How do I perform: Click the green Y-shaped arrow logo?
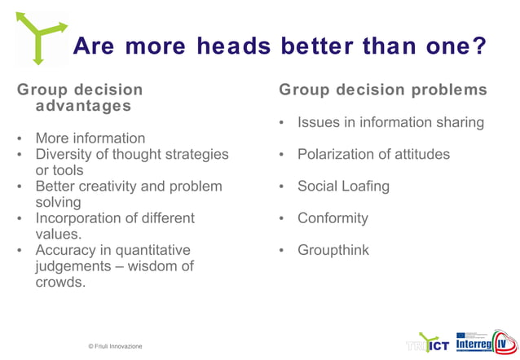37,37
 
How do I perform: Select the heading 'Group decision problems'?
383,90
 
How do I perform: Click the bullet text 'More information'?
90,138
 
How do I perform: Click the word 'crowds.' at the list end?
60,282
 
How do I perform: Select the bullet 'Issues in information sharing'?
390,122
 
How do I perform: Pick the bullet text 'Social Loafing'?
343,186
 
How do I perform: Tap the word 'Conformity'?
333,217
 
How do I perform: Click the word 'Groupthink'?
333,250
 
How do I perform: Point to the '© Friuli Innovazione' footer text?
115,346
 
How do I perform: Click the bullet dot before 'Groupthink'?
280,251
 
